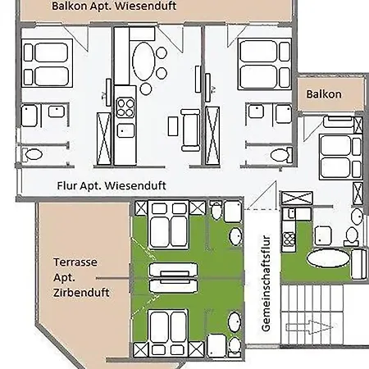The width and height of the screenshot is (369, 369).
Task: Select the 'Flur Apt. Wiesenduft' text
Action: (x=112, y=186)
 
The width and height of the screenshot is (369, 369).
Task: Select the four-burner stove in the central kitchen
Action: (x=125, y=107)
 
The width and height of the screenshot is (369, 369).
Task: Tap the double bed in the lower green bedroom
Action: (x=169, y=330)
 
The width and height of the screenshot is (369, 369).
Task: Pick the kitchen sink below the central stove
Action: (x=125, y=130)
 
